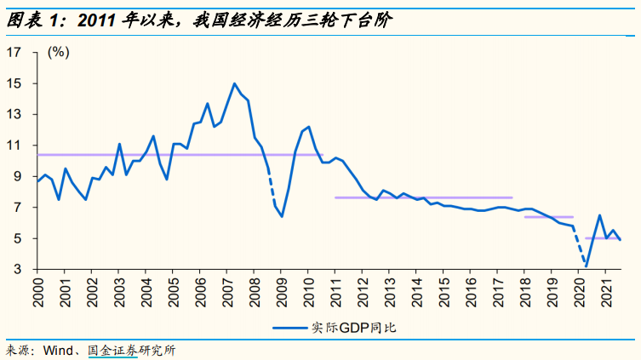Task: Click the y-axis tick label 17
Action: pos(14,52)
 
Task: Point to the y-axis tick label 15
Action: pos(14,83)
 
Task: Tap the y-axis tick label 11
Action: pos(14,146)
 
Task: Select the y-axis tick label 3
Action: pos(17,269)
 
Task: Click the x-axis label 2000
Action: pos(37,292)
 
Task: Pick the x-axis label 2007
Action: pos(227,292)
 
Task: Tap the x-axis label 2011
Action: pos(335,292)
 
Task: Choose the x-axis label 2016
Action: pos(471,292)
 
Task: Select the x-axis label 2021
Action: pos(606,292)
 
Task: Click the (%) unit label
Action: pos(59,52)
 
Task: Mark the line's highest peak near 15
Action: pos(234,83)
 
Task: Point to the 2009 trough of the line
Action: pos(282,216)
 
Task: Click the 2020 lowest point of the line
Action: pos(587,266)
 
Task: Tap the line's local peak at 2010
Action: pos(308,127)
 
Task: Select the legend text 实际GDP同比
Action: pos(353,328)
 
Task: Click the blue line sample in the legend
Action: pos(289,328)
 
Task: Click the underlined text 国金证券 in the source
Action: pos(113,350)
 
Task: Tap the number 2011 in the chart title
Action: pos(96,20)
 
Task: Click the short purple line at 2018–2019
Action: pos(548,217)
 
